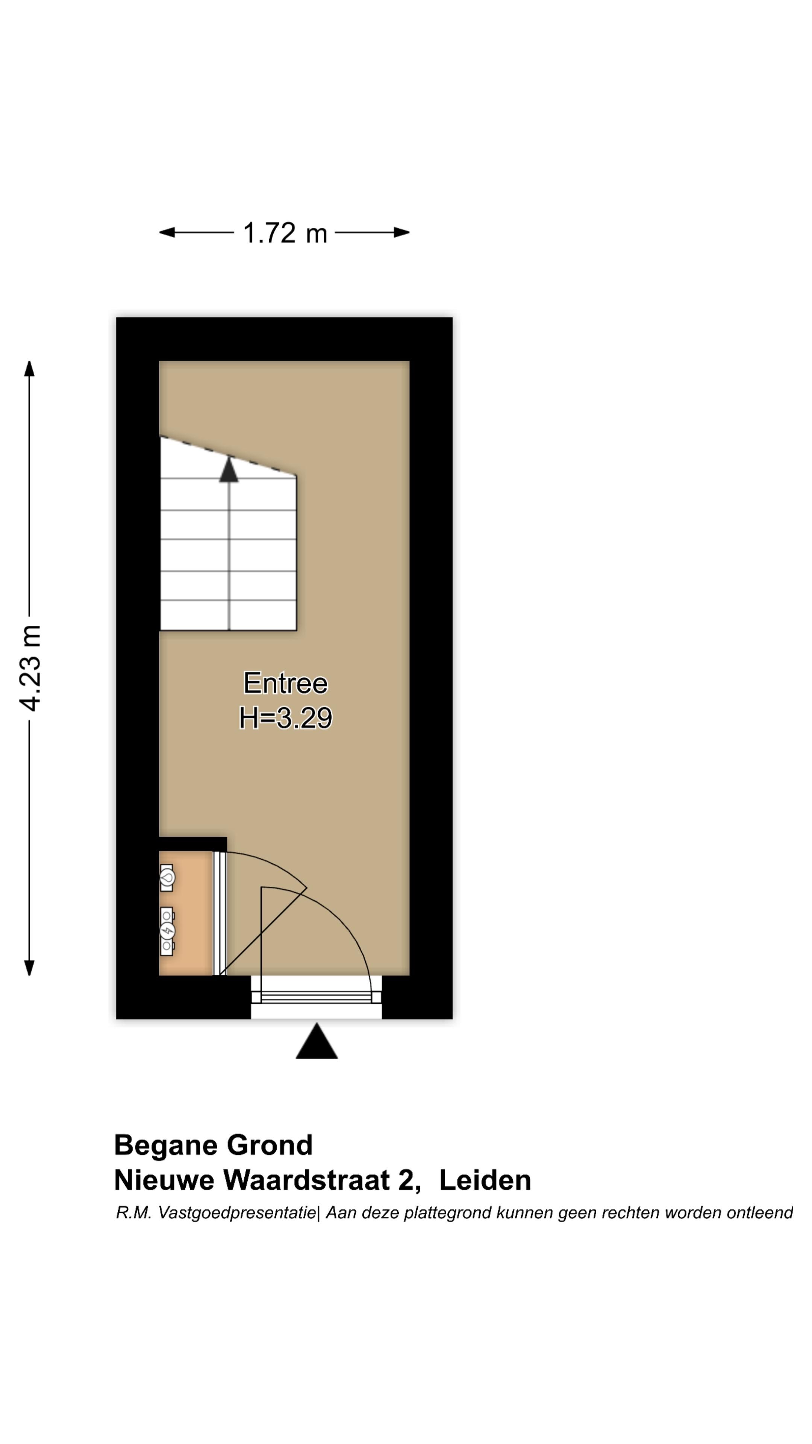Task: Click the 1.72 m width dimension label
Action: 285,233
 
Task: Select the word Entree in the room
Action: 285,683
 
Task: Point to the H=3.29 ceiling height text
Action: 285,718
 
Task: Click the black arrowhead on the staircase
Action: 229,471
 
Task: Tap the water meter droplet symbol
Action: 167,878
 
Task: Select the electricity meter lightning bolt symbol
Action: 167,931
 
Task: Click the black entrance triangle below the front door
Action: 317,1043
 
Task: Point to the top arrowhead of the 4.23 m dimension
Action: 29,368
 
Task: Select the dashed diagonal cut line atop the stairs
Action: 228,456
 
